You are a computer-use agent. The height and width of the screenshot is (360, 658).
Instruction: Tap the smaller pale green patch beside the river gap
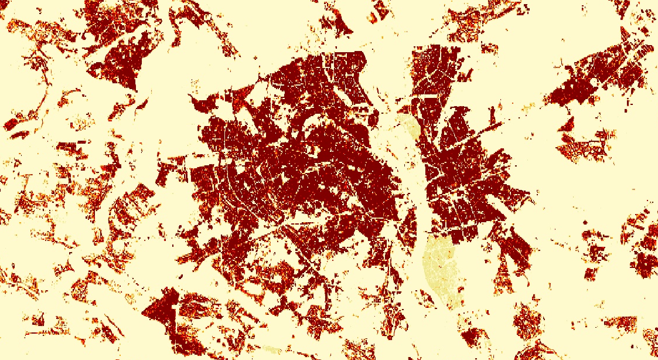tap(408, 126)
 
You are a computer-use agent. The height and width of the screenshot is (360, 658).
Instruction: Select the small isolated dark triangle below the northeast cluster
tap(567, 124)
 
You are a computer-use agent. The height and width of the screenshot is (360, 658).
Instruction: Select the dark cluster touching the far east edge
tap(645, 258)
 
